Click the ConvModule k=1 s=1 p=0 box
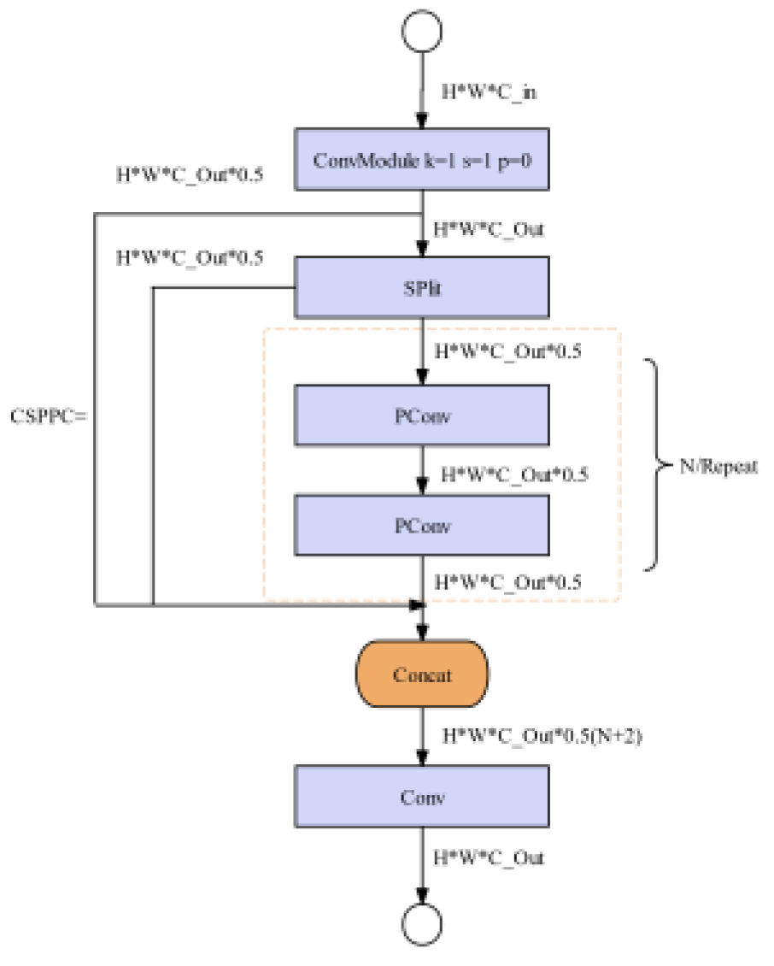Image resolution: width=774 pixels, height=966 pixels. [x=421, y=159]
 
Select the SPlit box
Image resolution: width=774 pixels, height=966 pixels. [x=421, y=287]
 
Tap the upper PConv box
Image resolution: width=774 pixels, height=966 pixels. [x=421, y=415]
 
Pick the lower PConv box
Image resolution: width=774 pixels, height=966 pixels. [x=421, y=525]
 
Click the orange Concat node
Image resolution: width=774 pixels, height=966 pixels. [x=421, y=674]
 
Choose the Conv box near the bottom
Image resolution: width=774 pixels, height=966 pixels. [x=421, y=797]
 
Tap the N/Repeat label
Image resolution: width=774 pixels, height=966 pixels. [x=718, y=468]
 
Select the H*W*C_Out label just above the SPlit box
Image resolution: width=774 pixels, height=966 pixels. [x=489, y=229]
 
